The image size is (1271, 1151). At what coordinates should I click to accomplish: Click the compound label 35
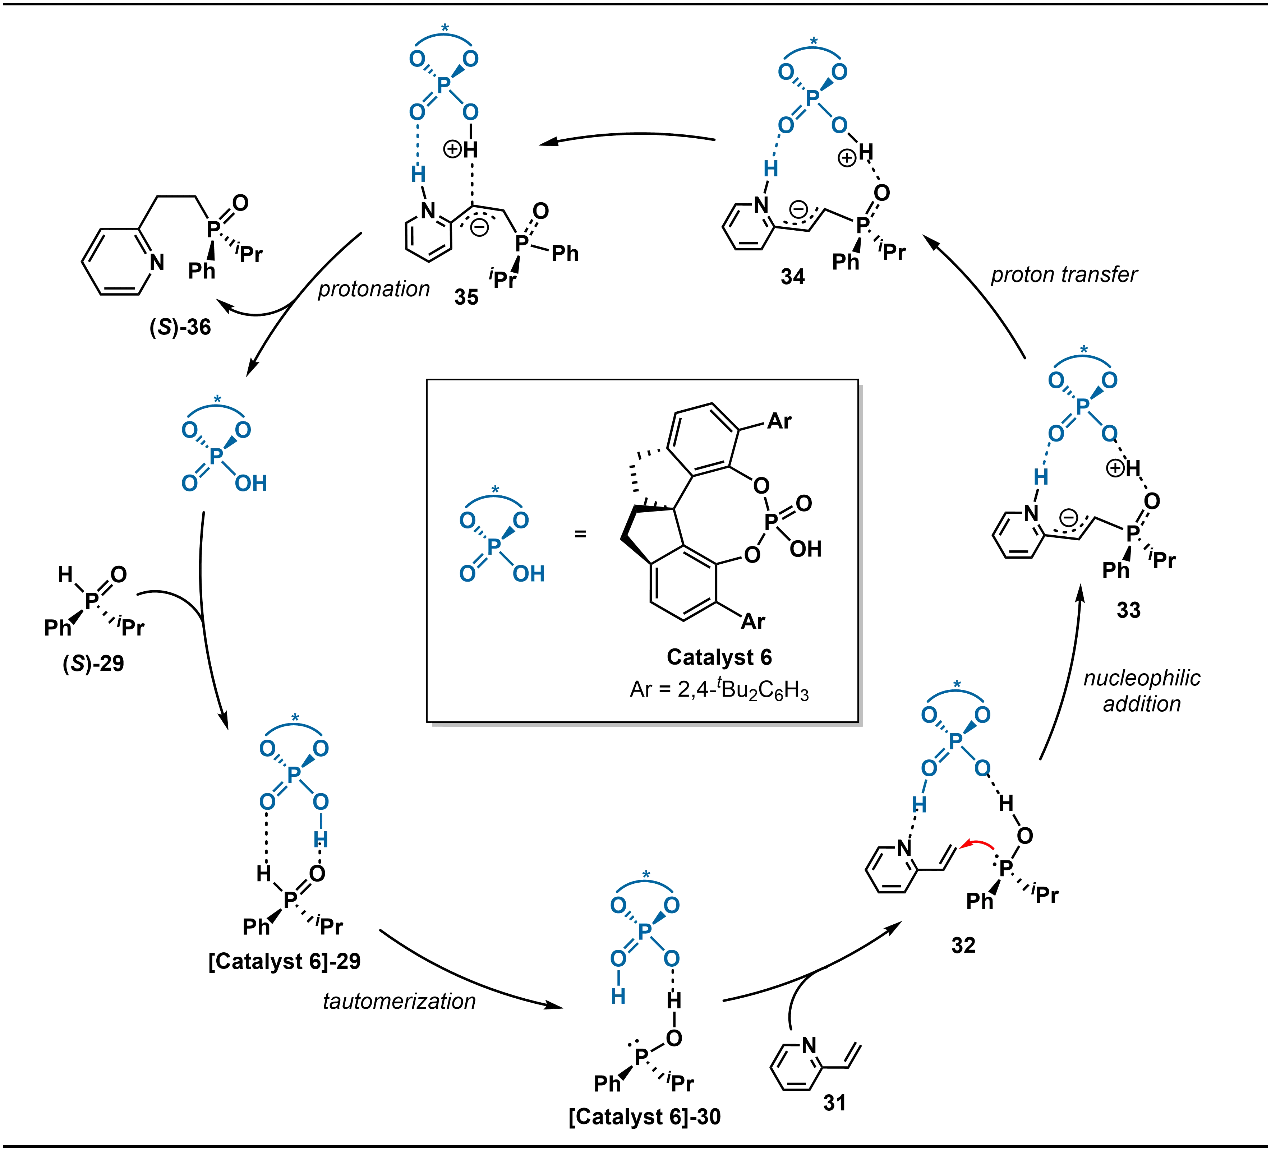[x=466, y=296]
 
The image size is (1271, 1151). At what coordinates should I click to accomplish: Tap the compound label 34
[x=792, y=276]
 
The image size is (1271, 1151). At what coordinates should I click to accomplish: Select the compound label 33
[x=1128, y=610]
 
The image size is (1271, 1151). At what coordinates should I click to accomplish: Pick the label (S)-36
[x=181, y=328]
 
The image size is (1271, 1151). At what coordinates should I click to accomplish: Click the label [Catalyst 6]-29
[x=284, y=962]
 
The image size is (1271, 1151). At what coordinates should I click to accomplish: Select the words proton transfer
[x=1064, y=276]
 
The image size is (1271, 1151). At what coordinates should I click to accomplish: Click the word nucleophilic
[x=1142, y=679]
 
